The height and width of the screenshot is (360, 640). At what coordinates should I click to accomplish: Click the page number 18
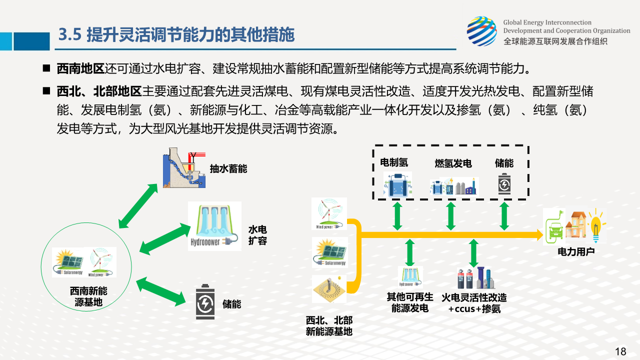tap(620, 351)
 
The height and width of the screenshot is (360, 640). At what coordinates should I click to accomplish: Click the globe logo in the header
tap(481, 30)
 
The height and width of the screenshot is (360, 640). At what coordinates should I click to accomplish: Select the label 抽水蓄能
tap(228, 169)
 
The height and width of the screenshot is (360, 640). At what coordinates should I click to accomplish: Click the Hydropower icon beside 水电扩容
tap(214, 226)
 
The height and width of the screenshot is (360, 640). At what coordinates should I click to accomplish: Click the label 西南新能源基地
tap(88, 296)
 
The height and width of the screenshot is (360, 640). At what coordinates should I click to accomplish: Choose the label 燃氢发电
tap(453, 163)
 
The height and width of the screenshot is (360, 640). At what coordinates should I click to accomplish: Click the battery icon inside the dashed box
tap(504, 184)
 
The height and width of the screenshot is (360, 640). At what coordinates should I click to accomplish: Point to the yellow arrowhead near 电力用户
tap(538, 234)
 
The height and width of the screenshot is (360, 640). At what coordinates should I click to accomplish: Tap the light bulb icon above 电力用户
tap(595, 226)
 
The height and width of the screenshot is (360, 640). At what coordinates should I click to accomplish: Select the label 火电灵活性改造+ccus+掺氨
tap(474, 303)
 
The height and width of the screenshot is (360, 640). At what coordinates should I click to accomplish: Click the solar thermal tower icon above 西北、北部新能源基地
tap(328, 289)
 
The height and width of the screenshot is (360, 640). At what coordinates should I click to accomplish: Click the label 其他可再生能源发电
tap(410, 302)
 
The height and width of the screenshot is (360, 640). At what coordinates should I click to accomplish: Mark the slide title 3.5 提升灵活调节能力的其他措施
tap(176, 35)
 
